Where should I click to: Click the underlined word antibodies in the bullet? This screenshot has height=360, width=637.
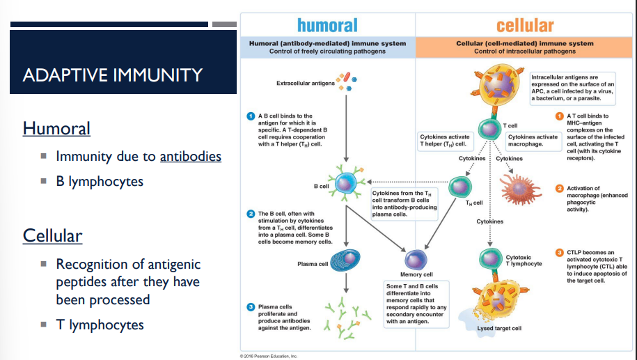[190, 156]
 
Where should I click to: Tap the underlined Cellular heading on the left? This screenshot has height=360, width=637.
[52, 235]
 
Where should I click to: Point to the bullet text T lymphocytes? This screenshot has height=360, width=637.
[100, 324]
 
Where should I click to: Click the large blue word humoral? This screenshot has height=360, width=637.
[327, 26]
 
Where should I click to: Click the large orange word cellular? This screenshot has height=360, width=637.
[525, 26]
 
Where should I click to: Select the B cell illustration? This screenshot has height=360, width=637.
[346, 183]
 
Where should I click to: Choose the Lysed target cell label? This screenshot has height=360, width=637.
[500, 328]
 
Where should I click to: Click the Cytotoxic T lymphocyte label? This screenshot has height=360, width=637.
[523, 260]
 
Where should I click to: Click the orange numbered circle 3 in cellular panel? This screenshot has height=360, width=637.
[559, 252]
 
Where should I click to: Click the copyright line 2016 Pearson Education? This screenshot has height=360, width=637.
[268, 355]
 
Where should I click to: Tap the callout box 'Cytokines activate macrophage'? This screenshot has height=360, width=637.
[533, 140]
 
